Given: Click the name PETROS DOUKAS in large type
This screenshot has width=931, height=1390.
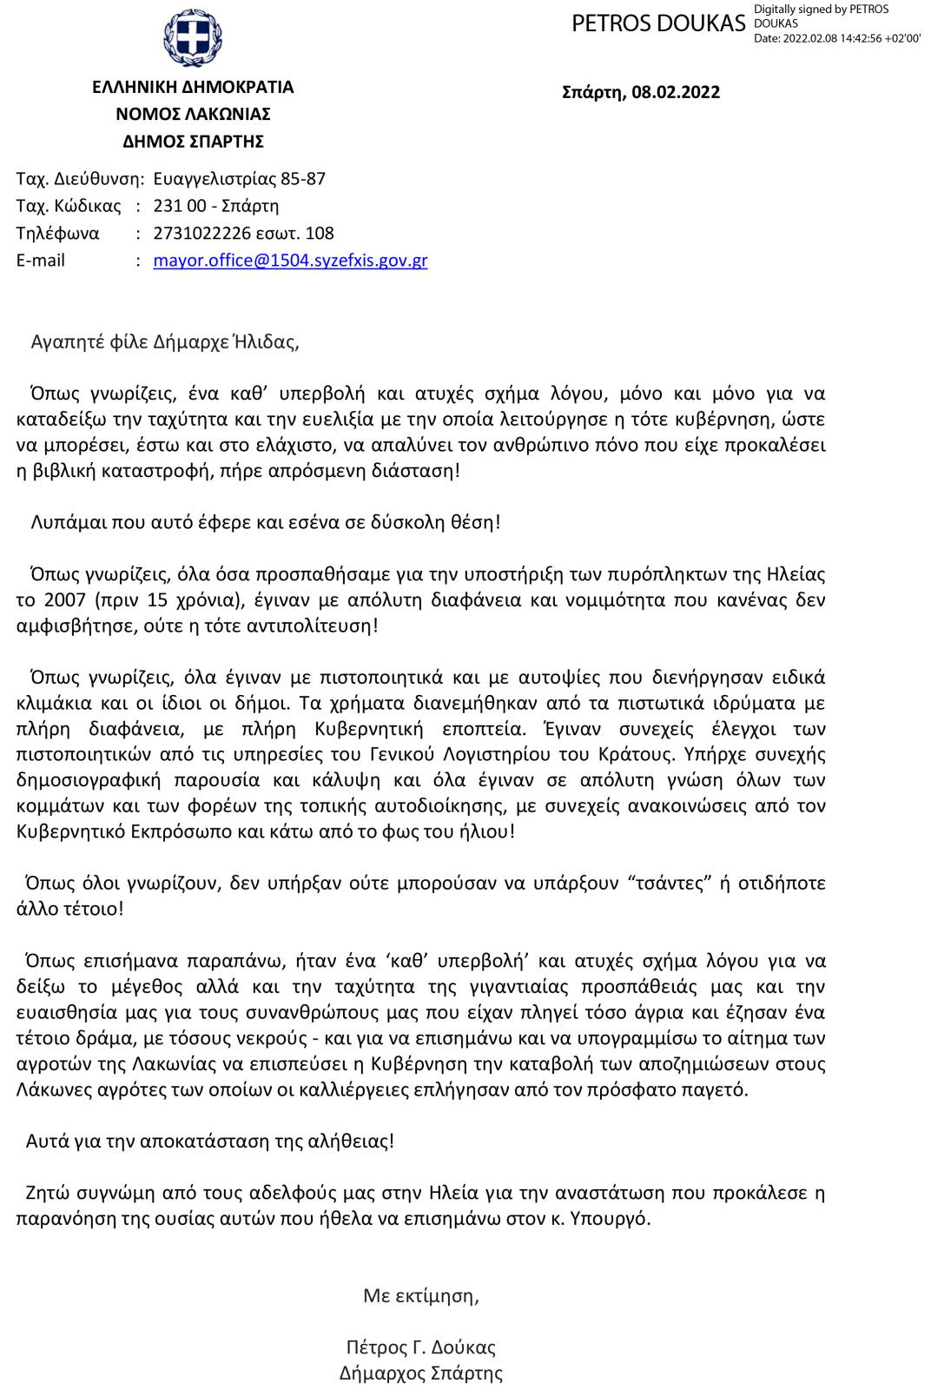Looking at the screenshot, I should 658,24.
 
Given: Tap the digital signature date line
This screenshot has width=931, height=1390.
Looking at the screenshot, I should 836,38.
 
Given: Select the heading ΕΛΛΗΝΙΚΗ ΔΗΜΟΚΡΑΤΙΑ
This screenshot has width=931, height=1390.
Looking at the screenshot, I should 193,87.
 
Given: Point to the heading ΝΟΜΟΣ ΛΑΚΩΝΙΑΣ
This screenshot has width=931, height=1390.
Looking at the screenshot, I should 193,114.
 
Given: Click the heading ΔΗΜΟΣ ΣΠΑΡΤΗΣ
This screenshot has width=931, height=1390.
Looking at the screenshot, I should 193,141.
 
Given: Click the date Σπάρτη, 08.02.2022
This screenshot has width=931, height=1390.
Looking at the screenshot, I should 641,92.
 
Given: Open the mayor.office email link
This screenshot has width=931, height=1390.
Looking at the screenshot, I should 290,260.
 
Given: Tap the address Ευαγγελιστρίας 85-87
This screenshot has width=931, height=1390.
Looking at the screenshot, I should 239,179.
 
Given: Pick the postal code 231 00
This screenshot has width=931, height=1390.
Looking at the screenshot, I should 179,206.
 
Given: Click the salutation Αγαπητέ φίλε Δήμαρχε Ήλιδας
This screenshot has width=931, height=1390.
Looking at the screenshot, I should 165,341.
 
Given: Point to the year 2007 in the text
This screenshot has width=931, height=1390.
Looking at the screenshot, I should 63,599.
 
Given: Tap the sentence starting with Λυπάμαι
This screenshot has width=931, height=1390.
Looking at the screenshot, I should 266,522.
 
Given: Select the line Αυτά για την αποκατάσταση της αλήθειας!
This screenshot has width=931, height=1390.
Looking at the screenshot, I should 210,1141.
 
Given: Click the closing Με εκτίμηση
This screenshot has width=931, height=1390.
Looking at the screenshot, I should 421,1295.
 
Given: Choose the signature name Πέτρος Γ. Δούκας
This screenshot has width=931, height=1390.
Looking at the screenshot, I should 421,1347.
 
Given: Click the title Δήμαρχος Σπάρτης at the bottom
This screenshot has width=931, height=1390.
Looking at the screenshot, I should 421,1373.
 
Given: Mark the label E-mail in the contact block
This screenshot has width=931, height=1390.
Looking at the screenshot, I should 41,260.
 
